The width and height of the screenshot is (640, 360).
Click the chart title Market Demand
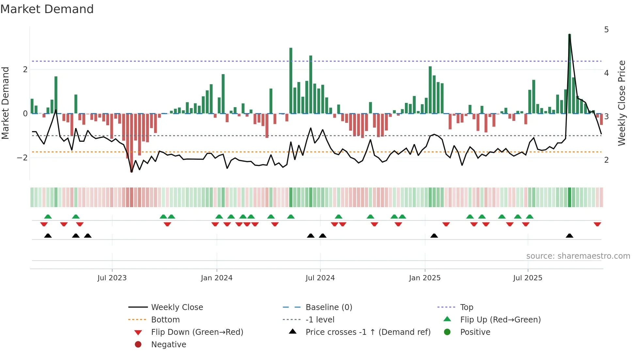click(x=47, y=9)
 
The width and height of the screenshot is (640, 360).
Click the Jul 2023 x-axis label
click(x=112, y=278)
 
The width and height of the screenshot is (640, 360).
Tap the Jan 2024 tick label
click(x=216, y=278)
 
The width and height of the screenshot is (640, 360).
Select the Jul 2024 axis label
click(x=320, y=278)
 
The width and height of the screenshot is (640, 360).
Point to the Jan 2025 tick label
click(x=424, y=278)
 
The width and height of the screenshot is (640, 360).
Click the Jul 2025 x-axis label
click(x=527, y=278)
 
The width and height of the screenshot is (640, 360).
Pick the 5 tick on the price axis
click(x=606, y=30)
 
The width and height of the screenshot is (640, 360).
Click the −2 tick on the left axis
click(x=23, y=158)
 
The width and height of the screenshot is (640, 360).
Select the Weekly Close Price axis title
click(x=622, y=103)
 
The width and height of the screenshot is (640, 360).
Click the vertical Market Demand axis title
click(x=5, y=103)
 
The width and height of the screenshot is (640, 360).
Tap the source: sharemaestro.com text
click(x=578, y=256)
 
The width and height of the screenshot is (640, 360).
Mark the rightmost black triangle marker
click(x=569, y=236)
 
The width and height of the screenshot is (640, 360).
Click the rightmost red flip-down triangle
click(x=597, y=224)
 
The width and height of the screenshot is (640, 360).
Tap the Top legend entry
click(x=466, y=307)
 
